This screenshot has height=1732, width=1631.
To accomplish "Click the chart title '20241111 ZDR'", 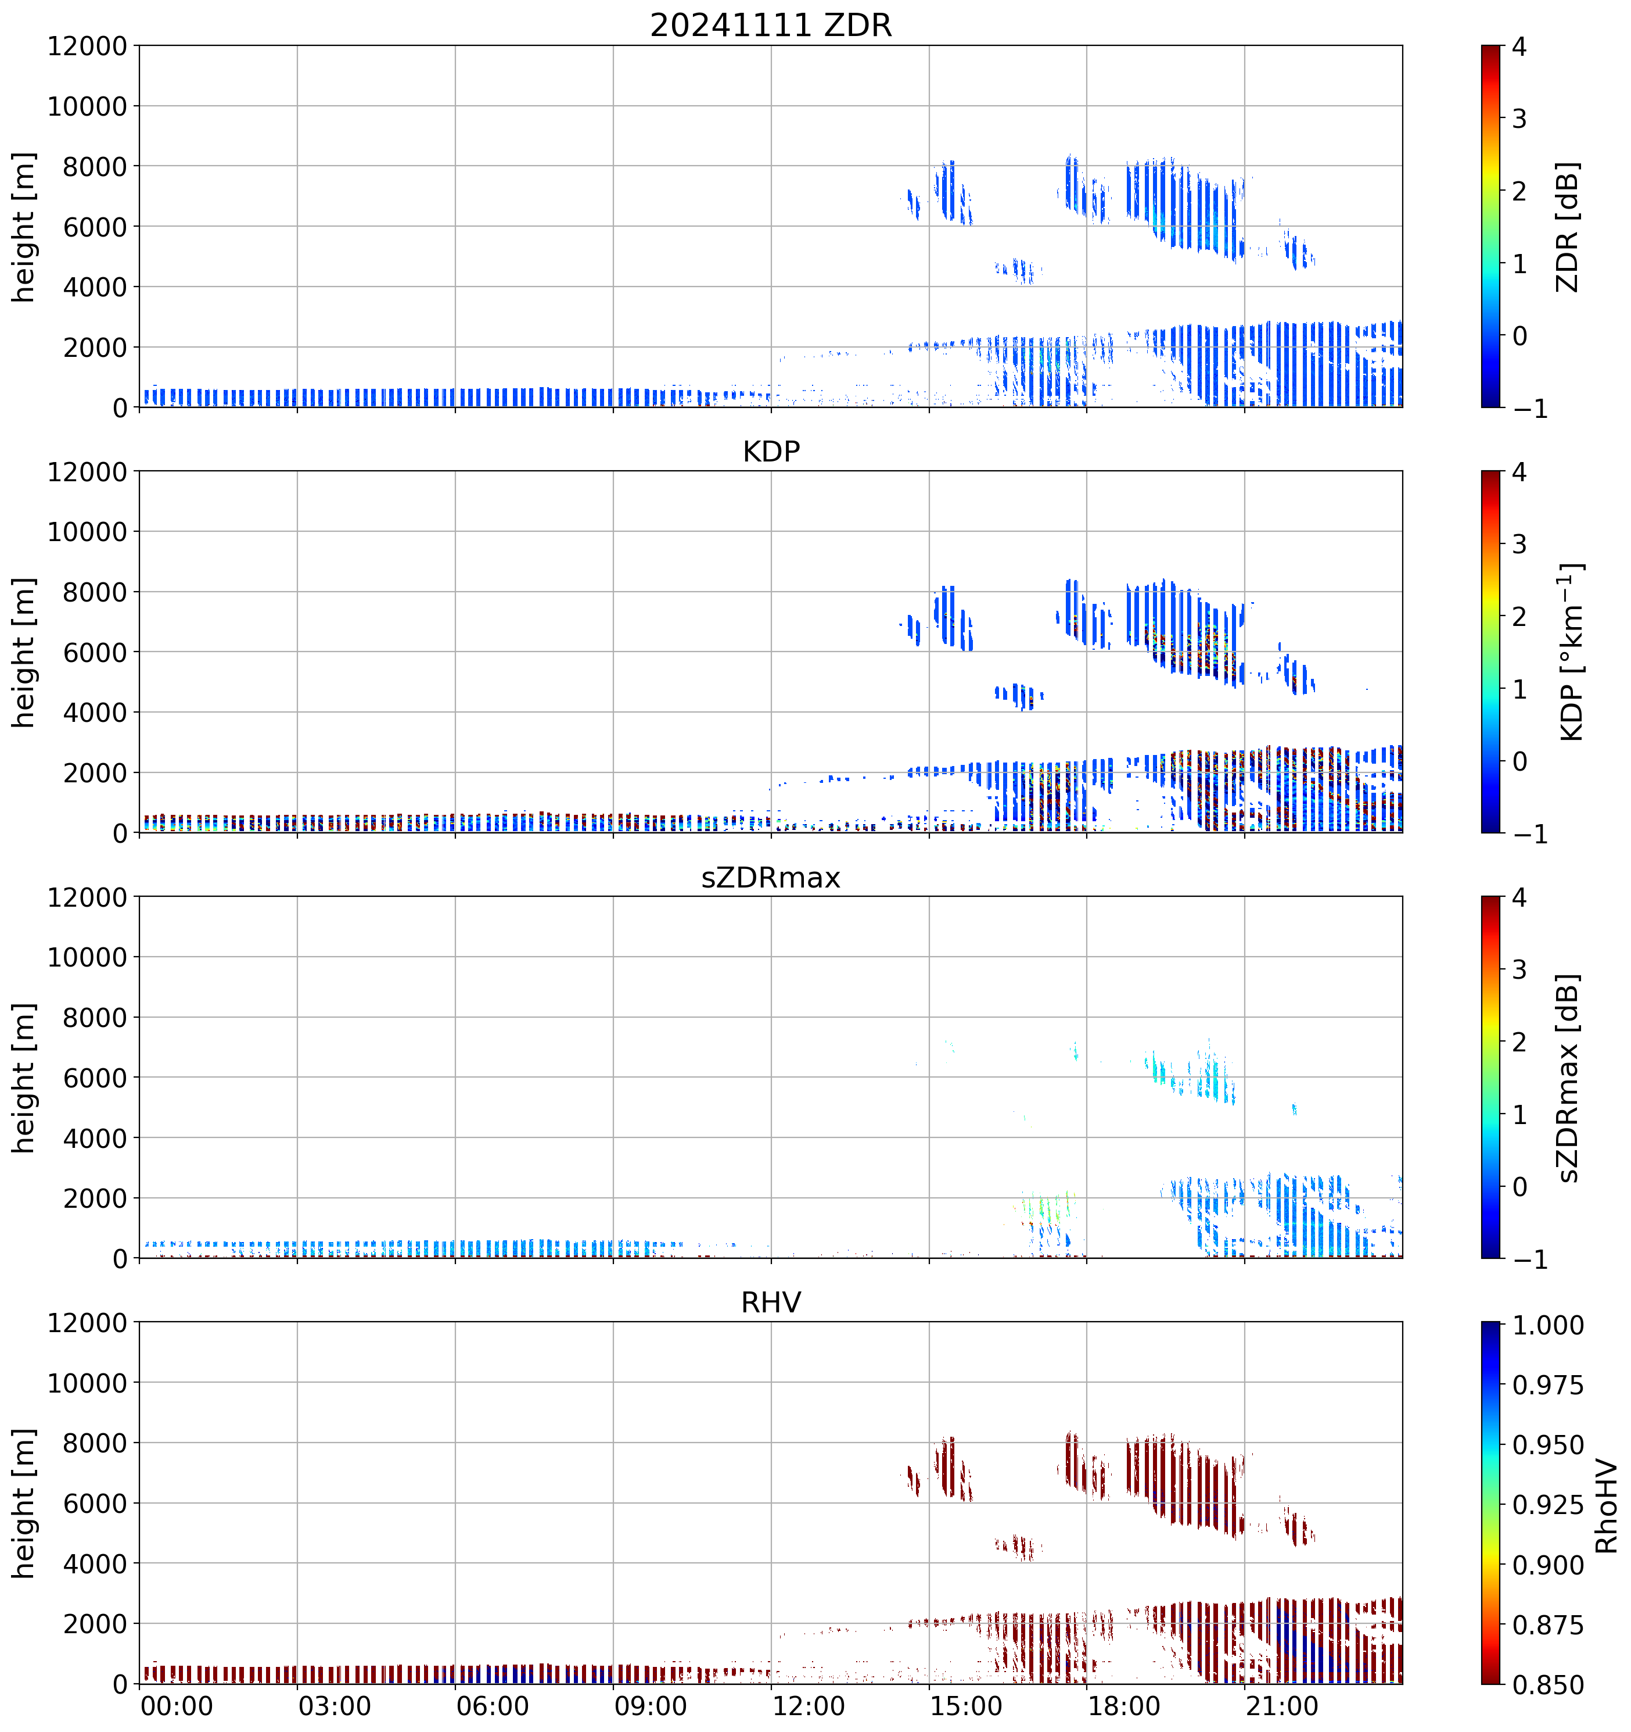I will tap(771, 25).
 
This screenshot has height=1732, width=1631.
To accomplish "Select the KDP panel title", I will tap(771, 451).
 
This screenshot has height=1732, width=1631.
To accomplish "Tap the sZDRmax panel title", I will tap(771, 877).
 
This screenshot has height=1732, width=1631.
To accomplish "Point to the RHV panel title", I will tap(771, 1302).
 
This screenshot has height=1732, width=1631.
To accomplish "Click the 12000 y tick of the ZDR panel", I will tap(87, 46).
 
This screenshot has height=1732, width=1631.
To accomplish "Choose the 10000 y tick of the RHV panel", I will tap(87, 1383).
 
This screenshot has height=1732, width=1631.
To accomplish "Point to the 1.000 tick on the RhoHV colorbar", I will tap(1547, 1326).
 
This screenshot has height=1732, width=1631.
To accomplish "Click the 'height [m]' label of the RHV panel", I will tap(24, 1503).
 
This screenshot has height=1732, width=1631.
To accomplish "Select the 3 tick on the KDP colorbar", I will tap(1519, 545).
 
